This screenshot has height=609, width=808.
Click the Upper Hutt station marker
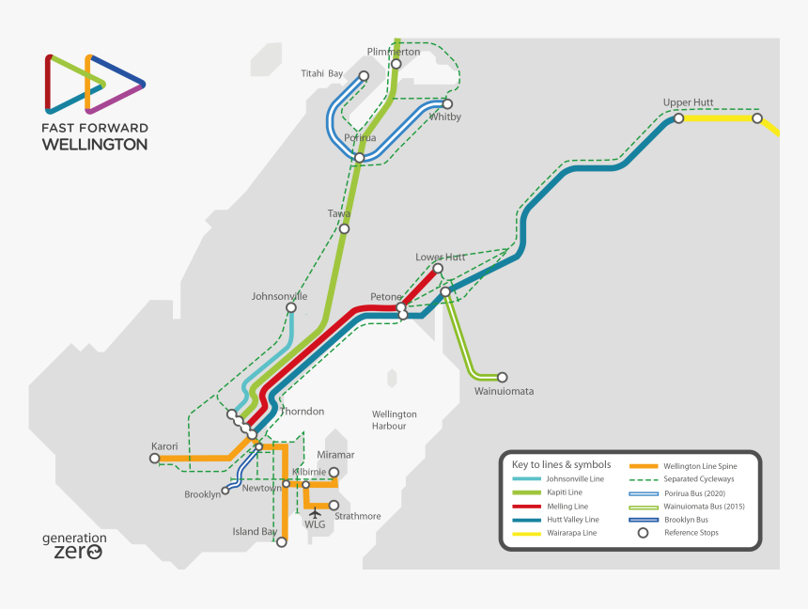678,118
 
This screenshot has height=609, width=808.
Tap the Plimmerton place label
393,52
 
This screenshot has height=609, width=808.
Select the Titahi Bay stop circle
365,77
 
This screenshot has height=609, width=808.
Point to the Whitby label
445,117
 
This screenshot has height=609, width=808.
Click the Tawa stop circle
345,228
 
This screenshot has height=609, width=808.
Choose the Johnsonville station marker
291,307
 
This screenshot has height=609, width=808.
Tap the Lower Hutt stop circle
438,268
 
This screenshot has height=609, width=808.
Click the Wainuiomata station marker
502,377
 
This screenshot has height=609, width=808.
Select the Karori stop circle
154,459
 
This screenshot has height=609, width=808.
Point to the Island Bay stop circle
281,541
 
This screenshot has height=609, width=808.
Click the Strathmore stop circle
334,505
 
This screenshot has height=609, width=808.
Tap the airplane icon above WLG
315,512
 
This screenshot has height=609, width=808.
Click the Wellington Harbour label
395,420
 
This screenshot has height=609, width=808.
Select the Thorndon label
303,412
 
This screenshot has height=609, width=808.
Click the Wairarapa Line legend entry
563,533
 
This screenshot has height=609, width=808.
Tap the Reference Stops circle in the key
643,533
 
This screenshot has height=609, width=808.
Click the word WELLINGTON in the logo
94,145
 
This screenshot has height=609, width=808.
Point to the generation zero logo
74,545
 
